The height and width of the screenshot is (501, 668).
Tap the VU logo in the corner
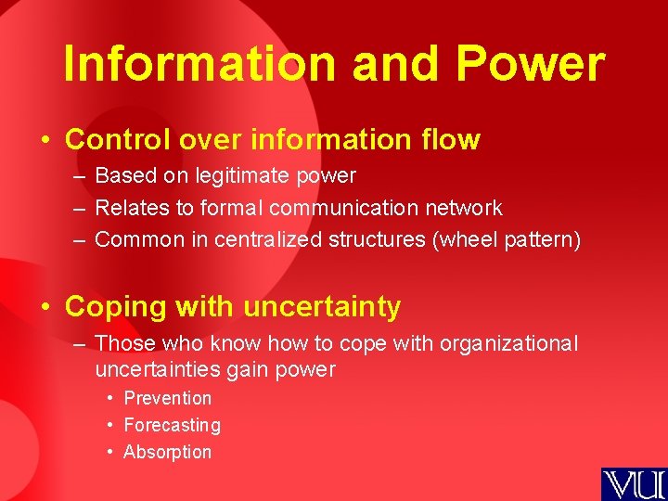click(634, 483)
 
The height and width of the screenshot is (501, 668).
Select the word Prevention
click(168, 398)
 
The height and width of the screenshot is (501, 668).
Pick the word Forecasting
click(173, 425)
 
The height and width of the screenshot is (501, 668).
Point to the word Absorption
click(168, 452)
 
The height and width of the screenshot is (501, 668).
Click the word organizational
click(508, 343)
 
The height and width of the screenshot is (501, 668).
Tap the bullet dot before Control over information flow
click(45, 140)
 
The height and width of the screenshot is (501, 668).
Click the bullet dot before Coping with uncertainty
click(45, 307)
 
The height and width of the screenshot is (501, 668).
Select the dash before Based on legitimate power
click(77, 176)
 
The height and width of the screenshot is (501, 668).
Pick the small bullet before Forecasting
click(110, 425)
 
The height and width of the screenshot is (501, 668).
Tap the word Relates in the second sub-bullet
click(127, 208)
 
